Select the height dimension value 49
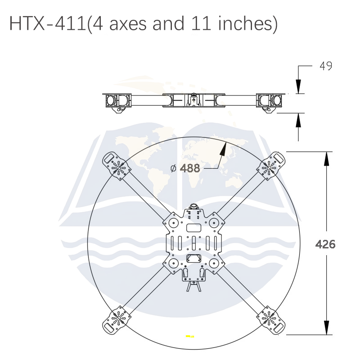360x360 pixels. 326,66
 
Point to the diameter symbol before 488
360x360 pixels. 174,169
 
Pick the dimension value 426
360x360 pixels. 325,244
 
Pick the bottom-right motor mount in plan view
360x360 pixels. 269,318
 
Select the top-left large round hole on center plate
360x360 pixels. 173,222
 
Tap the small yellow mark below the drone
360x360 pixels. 190,336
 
